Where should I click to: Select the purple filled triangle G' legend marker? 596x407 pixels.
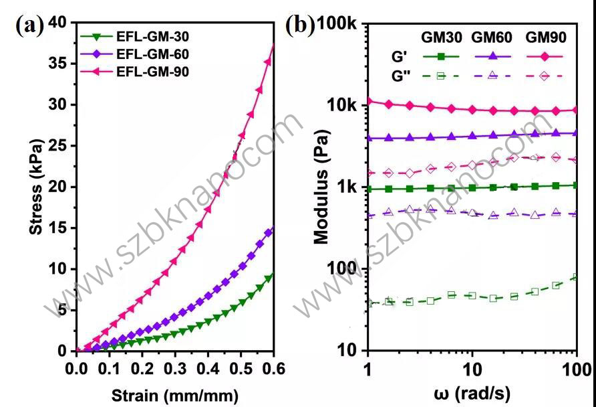(x=492, y=57)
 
